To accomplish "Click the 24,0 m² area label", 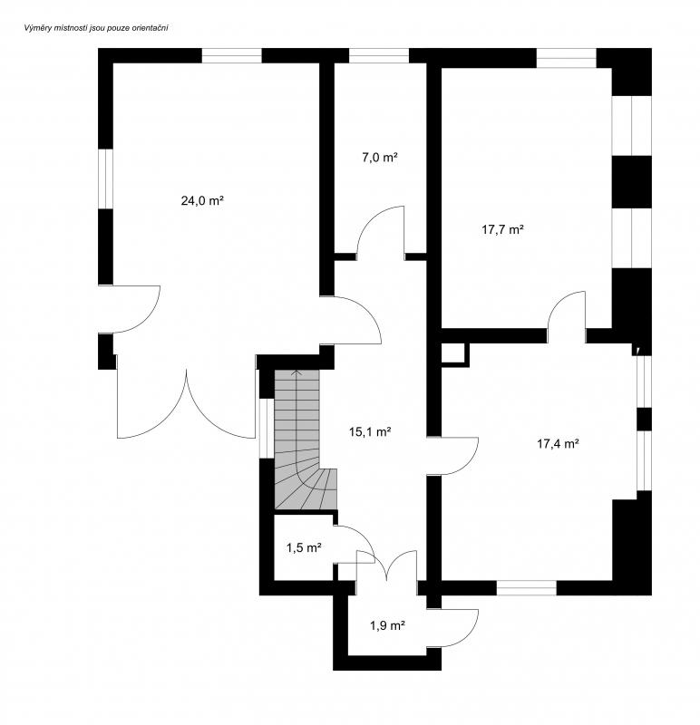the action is click(202, 200).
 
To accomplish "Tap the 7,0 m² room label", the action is click(380, 157).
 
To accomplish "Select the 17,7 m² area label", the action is click(502, 229).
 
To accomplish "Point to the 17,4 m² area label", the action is click(558, 444).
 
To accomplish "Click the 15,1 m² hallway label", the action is click(370, 432).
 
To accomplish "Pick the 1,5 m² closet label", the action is click(304, 548).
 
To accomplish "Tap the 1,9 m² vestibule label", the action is click(387, 625).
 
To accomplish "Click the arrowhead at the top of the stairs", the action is click(297, 372).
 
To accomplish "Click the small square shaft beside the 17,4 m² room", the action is click(455, 354).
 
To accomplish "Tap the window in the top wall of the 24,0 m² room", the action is click(232, 55).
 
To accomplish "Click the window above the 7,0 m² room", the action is click(379, 55).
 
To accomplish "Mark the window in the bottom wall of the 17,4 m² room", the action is click(527, 587).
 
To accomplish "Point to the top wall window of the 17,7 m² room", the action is click(567, 58).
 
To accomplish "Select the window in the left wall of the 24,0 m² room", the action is click(105, 179).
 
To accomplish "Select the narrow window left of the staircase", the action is click(266, 428).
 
